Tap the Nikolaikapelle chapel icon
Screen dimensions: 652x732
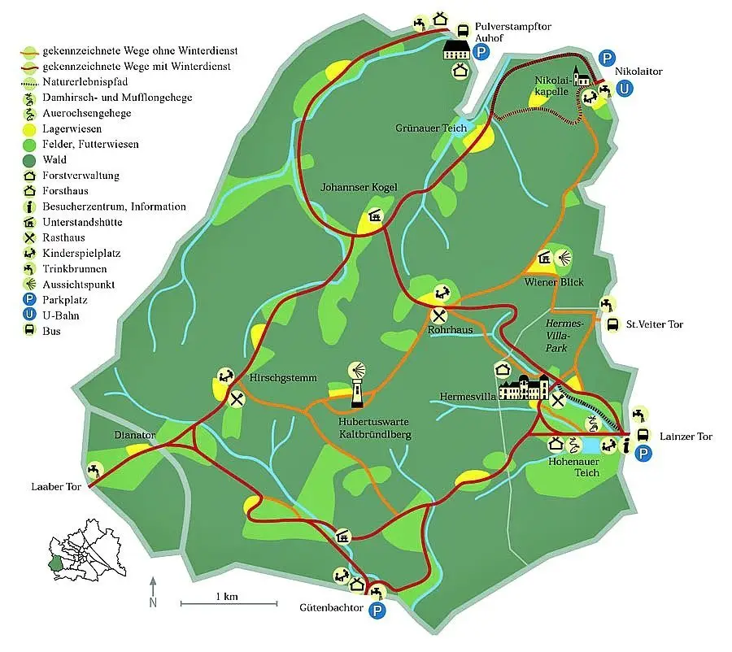click(580, 76)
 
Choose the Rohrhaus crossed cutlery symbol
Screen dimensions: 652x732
click(439, 315)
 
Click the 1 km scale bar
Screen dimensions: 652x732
click(229, 604)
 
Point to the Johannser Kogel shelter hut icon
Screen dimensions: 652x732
click(375, 217)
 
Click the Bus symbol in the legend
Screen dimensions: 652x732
click(28, 331)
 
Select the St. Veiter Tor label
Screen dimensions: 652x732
click(654, 324)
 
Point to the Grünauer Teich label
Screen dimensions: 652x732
click(431, 128)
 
